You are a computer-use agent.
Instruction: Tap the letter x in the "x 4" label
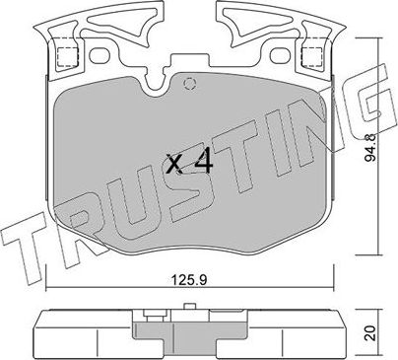pos(173,165)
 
